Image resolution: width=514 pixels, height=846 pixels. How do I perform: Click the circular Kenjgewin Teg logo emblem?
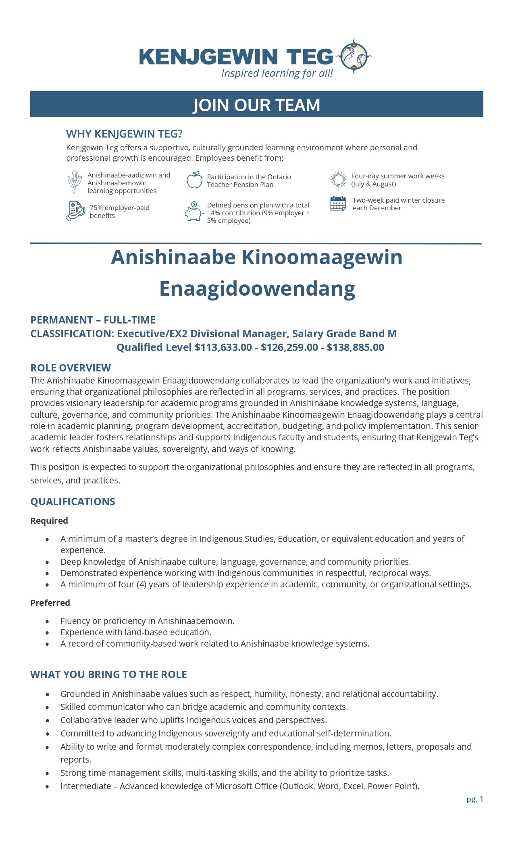(354, 56)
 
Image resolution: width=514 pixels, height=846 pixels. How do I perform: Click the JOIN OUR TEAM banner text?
(256, 105)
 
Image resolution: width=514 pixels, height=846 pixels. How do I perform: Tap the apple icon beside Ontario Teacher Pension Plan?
(194, 180)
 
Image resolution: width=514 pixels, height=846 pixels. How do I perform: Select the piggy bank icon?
(194, 211)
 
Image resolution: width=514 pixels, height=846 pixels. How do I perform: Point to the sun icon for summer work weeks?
(338, 180)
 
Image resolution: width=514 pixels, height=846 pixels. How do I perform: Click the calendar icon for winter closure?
(338, 204)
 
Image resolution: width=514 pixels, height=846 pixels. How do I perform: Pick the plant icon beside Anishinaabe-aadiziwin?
(75, 181)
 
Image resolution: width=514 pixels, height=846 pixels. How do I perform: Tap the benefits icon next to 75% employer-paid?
(75, 211)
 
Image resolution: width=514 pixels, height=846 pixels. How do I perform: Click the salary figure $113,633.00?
(223, 347)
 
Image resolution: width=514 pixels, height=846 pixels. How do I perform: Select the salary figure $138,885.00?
(355, 347)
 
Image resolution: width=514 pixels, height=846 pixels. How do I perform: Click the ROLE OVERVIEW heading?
(71, 368)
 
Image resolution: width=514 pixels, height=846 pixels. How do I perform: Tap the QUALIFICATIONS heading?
(73, 502)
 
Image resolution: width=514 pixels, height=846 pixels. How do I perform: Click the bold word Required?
(49, 520)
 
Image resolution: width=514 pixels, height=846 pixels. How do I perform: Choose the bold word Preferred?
(50, 603)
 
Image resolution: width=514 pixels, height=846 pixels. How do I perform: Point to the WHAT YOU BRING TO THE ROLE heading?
(108, 674)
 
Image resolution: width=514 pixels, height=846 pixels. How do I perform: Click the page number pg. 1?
(474, 799)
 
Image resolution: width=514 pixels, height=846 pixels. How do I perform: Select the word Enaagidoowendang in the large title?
(257, 289)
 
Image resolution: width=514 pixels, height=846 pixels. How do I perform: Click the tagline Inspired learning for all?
(277, 73)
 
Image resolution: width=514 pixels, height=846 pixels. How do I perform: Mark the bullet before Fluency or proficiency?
(48, 621)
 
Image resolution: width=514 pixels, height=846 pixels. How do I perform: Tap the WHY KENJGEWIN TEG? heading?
(124, 134)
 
